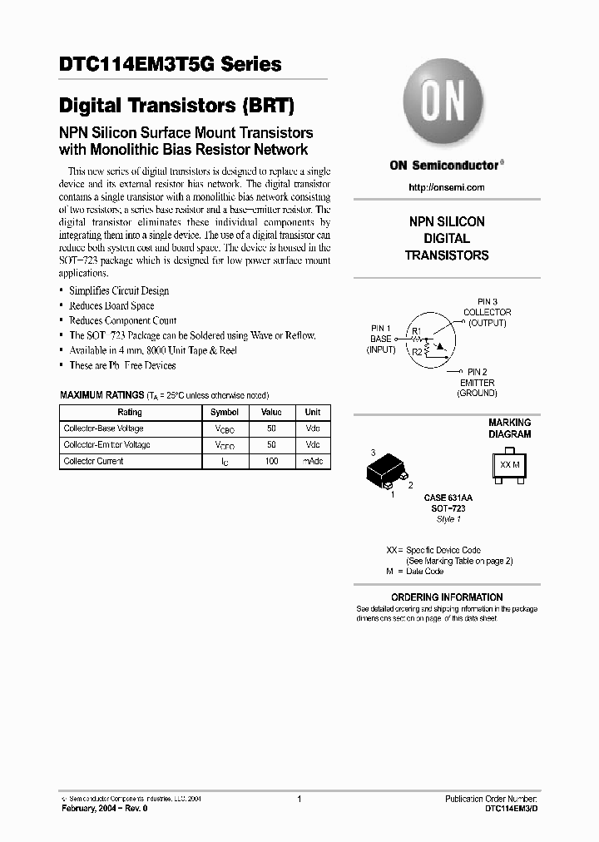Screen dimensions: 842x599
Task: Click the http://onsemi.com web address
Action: [446, 187]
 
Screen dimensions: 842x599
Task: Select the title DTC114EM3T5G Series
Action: [170, 64]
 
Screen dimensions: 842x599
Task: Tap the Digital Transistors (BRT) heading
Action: [176, 106]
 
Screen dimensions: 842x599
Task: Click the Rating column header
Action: [129, 412]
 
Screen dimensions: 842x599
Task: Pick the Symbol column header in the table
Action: [225, 412]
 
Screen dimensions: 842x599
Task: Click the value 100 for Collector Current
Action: [271, 461]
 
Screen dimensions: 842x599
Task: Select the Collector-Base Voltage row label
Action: [103, 428]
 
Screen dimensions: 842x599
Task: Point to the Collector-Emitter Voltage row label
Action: [106, 445]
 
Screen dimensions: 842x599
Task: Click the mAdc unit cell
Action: [312, 461]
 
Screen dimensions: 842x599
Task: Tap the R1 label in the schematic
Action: [417, 331]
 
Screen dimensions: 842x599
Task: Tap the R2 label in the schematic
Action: [417, 352]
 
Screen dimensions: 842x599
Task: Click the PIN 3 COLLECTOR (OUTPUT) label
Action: [487, 312]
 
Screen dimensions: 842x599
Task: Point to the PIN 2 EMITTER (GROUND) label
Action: [478, 382]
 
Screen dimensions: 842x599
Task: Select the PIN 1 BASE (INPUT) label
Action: [382, 339]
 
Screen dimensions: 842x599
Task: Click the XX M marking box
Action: [509, 464]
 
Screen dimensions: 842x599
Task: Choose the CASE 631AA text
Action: [448, 498]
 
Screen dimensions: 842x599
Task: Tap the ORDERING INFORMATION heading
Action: [447, 597]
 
